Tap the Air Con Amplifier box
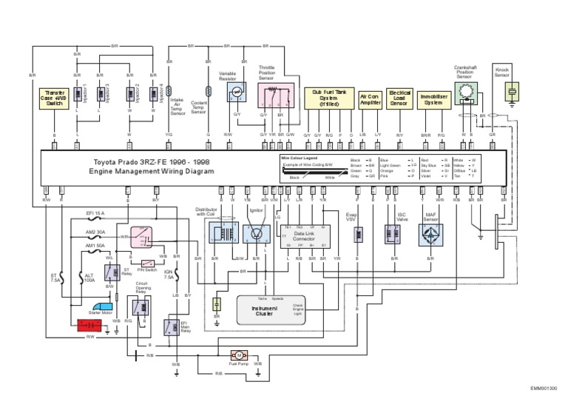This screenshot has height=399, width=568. [x=370, y=99]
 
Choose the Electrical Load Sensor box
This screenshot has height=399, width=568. [x=399, y=98]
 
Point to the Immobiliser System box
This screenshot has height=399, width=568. [x=433, y=98]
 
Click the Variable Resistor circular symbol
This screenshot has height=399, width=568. [x=236, y=93]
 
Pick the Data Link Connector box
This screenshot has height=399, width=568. [x=304, y=237]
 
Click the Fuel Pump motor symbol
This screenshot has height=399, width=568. [x=239, y=355]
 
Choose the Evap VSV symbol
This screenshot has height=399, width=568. [x=357, y=235]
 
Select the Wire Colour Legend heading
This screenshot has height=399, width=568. [x=300, y=158]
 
